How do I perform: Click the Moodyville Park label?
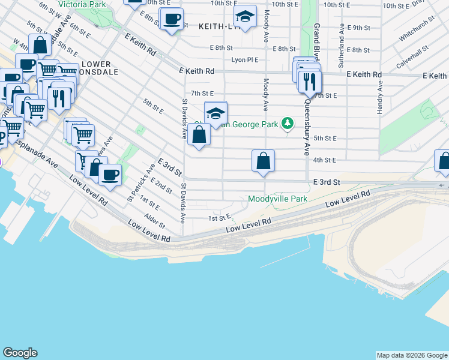point(277,199)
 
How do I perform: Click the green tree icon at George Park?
point(288,124)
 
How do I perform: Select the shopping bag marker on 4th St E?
point(263,161)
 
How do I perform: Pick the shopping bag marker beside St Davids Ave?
point(199,134)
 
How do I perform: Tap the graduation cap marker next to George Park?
point(216,112)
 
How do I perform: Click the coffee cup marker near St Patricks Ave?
point(109,175)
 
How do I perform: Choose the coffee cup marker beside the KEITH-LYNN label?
point(172,19)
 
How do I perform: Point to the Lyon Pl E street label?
point(244,60)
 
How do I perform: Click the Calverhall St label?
point(412,56)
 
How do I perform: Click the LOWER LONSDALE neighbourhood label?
point(97,68)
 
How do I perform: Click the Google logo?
point(20,353)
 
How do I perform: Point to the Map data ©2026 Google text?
point(411,355)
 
